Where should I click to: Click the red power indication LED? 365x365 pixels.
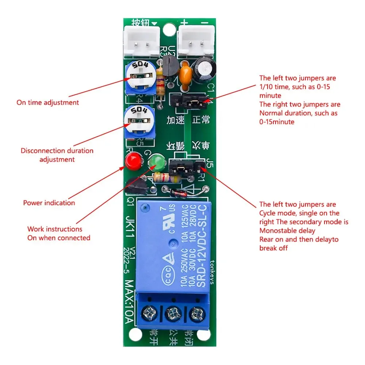click(133, 161)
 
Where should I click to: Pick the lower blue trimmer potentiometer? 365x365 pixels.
click(139, 122)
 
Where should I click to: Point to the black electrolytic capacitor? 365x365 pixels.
click(204, 69)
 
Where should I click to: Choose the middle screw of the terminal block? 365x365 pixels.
click(173, 313)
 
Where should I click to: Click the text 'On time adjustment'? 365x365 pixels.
click(48, 103)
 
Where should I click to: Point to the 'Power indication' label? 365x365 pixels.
click(49, 203)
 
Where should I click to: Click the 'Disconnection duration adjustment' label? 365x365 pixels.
click(57, 155)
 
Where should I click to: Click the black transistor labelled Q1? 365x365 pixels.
click(137, 187)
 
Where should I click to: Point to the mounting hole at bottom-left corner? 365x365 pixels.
click(136, 334)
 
